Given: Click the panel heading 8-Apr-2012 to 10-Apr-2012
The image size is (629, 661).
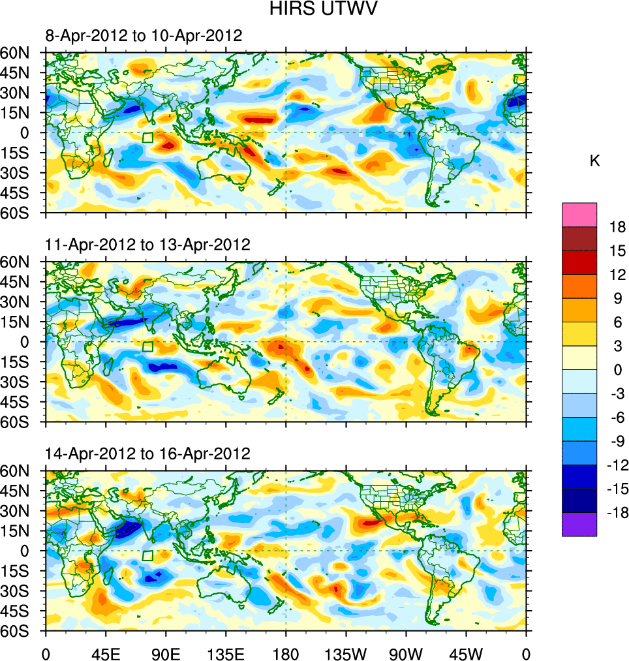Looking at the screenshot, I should pyautogui.click(x=144, y=35).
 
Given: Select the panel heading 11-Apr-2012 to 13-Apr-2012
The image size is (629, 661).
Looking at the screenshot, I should pyautogui.click(x=147, y=245).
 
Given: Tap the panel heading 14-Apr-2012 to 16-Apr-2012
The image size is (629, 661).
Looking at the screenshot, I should pyautogui.click(x=147, y=453).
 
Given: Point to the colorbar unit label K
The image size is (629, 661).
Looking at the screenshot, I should pyautogui.click(x=594, y=161).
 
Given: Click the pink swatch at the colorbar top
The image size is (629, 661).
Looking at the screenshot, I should pyautogui.click(x=579, y=214).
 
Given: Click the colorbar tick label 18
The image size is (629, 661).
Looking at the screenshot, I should pyautogui.click(x=617, y=227).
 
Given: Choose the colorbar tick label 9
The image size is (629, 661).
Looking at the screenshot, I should pyautogui.click(x=617, y=298).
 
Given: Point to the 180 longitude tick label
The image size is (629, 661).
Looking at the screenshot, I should pyautogui.click(x=286, y=653).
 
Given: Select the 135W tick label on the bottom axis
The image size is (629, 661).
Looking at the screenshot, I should pyautogui.click(x=346, y=653).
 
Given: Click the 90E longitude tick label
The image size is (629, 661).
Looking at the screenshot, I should pyautogui.click(x=166, y=653).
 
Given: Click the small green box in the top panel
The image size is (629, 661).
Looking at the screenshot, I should pyautogui.click(x=147, y=138).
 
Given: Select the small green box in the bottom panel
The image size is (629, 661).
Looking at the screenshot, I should pyautogui.click(x=147, y=556).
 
